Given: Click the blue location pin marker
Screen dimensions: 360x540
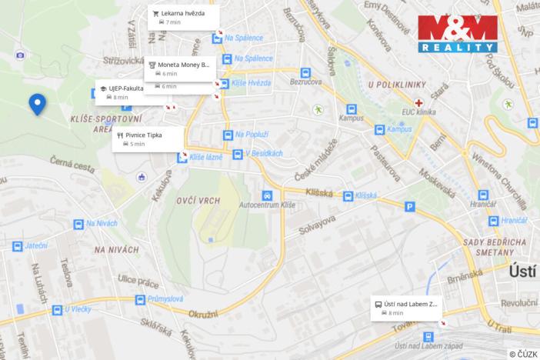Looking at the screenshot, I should [x=36, y=104].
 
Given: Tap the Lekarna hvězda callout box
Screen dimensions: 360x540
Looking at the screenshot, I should [x=183, y=18].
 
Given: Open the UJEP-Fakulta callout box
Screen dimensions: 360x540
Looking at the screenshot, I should [x=122, y=92].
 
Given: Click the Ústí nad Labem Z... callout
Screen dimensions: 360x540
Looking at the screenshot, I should [x=406, y=308].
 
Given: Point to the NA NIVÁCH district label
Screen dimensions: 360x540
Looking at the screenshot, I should [x=117, y=249].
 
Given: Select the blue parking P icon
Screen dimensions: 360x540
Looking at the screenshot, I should [x=410, y=206].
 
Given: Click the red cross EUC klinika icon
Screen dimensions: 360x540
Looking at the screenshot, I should [x=418, y=102].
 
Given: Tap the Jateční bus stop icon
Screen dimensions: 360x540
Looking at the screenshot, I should [x=17, y=246].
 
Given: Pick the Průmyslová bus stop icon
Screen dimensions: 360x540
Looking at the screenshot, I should [x=139, y=300].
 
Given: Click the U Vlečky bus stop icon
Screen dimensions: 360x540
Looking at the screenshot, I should [x=56, y=310].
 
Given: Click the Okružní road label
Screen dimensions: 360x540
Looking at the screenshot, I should [x=204, y=315].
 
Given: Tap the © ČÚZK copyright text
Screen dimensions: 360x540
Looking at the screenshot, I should [x=523, y=353].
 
